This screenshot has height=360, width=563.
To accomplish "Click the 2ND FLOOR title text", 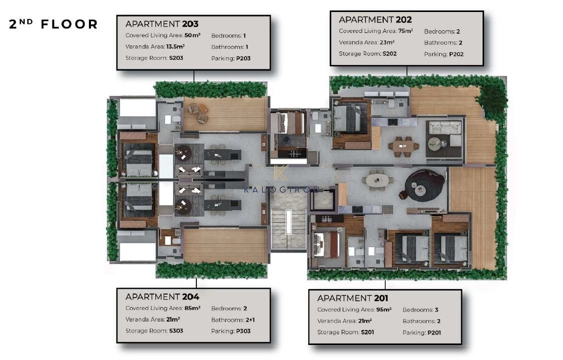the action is [x=53, y=24].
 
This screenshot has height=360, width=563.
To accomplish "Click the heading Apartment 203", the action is [x=162, y=24].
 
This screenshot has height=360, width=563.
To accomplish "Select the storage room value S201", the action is [x=367, y=332].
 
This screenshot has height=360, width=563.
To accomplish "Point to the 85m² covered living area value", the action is [x=192, y=308].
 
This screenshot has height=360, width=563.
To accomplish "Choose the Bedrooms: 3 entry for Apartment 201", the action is [x=421, y=310].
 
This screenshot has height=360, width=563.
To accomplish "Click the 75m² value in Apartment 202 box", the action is [x=405, y=31].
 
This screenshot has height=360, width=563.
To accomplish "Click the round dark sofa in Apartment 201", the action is [x=425, y=185].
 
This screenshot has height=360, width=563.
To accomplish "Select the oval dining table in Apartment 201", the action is [x=377, y=180].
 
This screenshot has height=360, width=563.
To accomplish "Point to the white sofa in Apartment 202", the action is [x=445, y=132].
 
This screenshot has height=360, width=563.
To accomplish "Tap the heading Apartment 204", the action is [x=162, y=297].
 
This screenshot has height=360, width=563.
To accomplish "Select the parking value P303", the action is [x=243, y=331].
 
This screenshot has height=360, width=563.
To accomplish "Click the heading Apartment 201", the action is [x=353, y=298].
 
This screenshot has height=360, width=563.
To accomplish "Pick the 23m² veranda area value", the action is [x=387, y=42].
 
